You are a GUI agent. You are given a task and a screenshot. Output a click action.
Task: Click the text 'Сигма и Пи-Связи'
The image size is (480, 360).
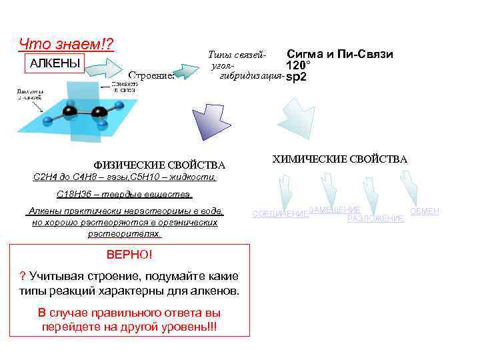click(x=339, y=54)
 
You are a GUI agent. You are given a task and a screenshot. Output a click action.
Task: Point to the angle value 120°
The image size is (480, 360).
click(x=298, y=66)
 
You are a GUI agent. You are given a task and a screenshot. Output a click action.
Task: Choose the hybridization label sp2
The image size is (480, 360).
click(x=296, y=77)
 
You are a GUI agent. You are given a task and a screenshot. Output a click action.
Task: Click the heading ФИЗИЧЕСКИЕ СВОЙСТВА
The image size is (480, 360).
click(x=160, y=165)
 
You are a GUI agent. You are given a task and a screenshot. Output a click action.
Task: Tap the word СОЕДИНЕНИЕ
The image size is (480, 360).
click(x=280, y=214)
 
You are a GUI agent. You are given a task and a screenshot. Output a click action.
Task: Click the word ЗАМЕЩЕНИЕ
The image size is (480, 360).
click(x=335, y=209)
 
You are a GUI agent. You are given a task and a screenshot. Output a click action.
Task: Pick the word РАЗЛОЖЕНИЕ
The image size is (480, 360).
click(x=376, y=218)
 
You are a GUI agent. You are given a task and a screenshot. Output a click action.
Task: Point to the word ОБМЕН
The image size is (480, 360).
click(x=424, y=211)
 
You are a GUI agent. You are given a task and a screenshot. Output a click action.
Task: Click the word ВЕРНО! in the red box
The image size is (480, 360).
click(x=129, y=255)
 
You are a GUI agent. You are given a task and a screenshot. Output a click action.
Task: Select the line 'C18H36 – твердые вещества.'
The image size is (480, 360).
click(x=125, y=194)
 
